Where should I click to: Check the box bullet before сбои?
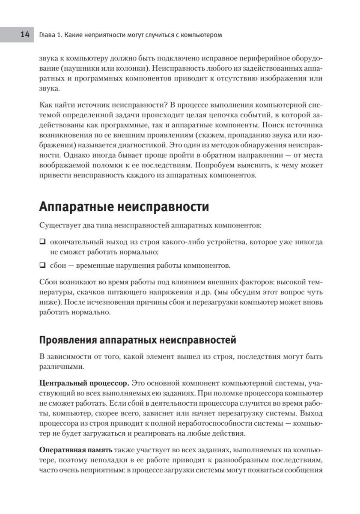[42, 265]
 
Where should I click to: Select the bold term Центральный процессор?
[84, 383]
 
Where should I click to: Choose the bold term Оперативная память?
[76, 449]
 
